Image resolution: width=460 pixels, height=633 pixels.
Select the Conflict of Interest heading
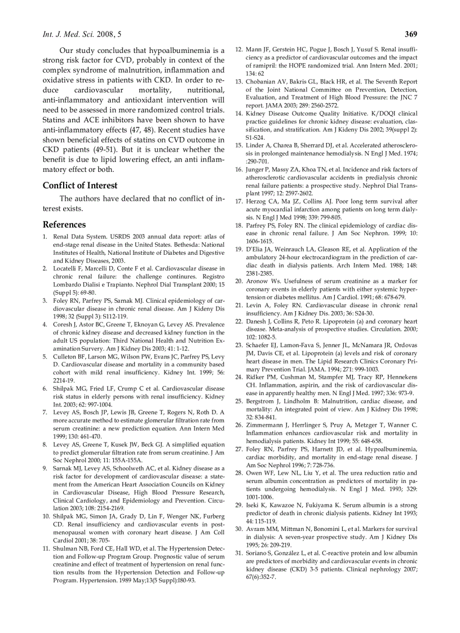80,185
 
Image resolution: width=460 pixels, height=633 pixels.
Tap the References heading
64,224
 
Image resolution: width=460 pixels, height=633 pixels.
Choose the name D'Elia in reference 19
255,249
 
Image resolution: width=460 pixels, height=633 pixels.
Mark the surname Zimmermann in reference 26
267,424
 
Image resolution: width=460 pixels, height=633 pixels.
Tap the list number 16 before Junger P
239,170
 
